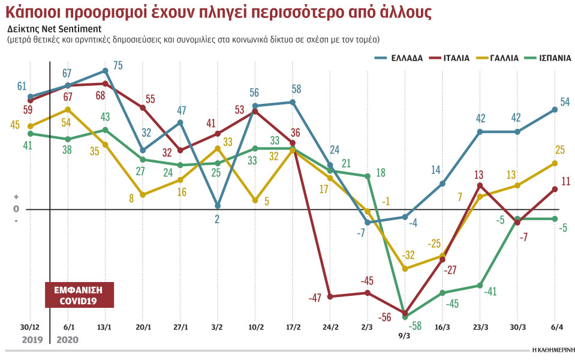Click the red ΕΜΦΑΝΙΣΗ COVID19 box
coord(79,295)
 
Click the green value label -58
coord(414,325)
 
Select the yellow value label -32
coord(409,255)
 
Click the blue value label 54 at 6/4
coord(564,102)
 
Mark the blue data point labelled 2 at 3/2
coord(218,206)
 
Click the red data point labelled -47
coord(330,296)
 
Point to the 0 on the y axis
coord(16,209)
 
